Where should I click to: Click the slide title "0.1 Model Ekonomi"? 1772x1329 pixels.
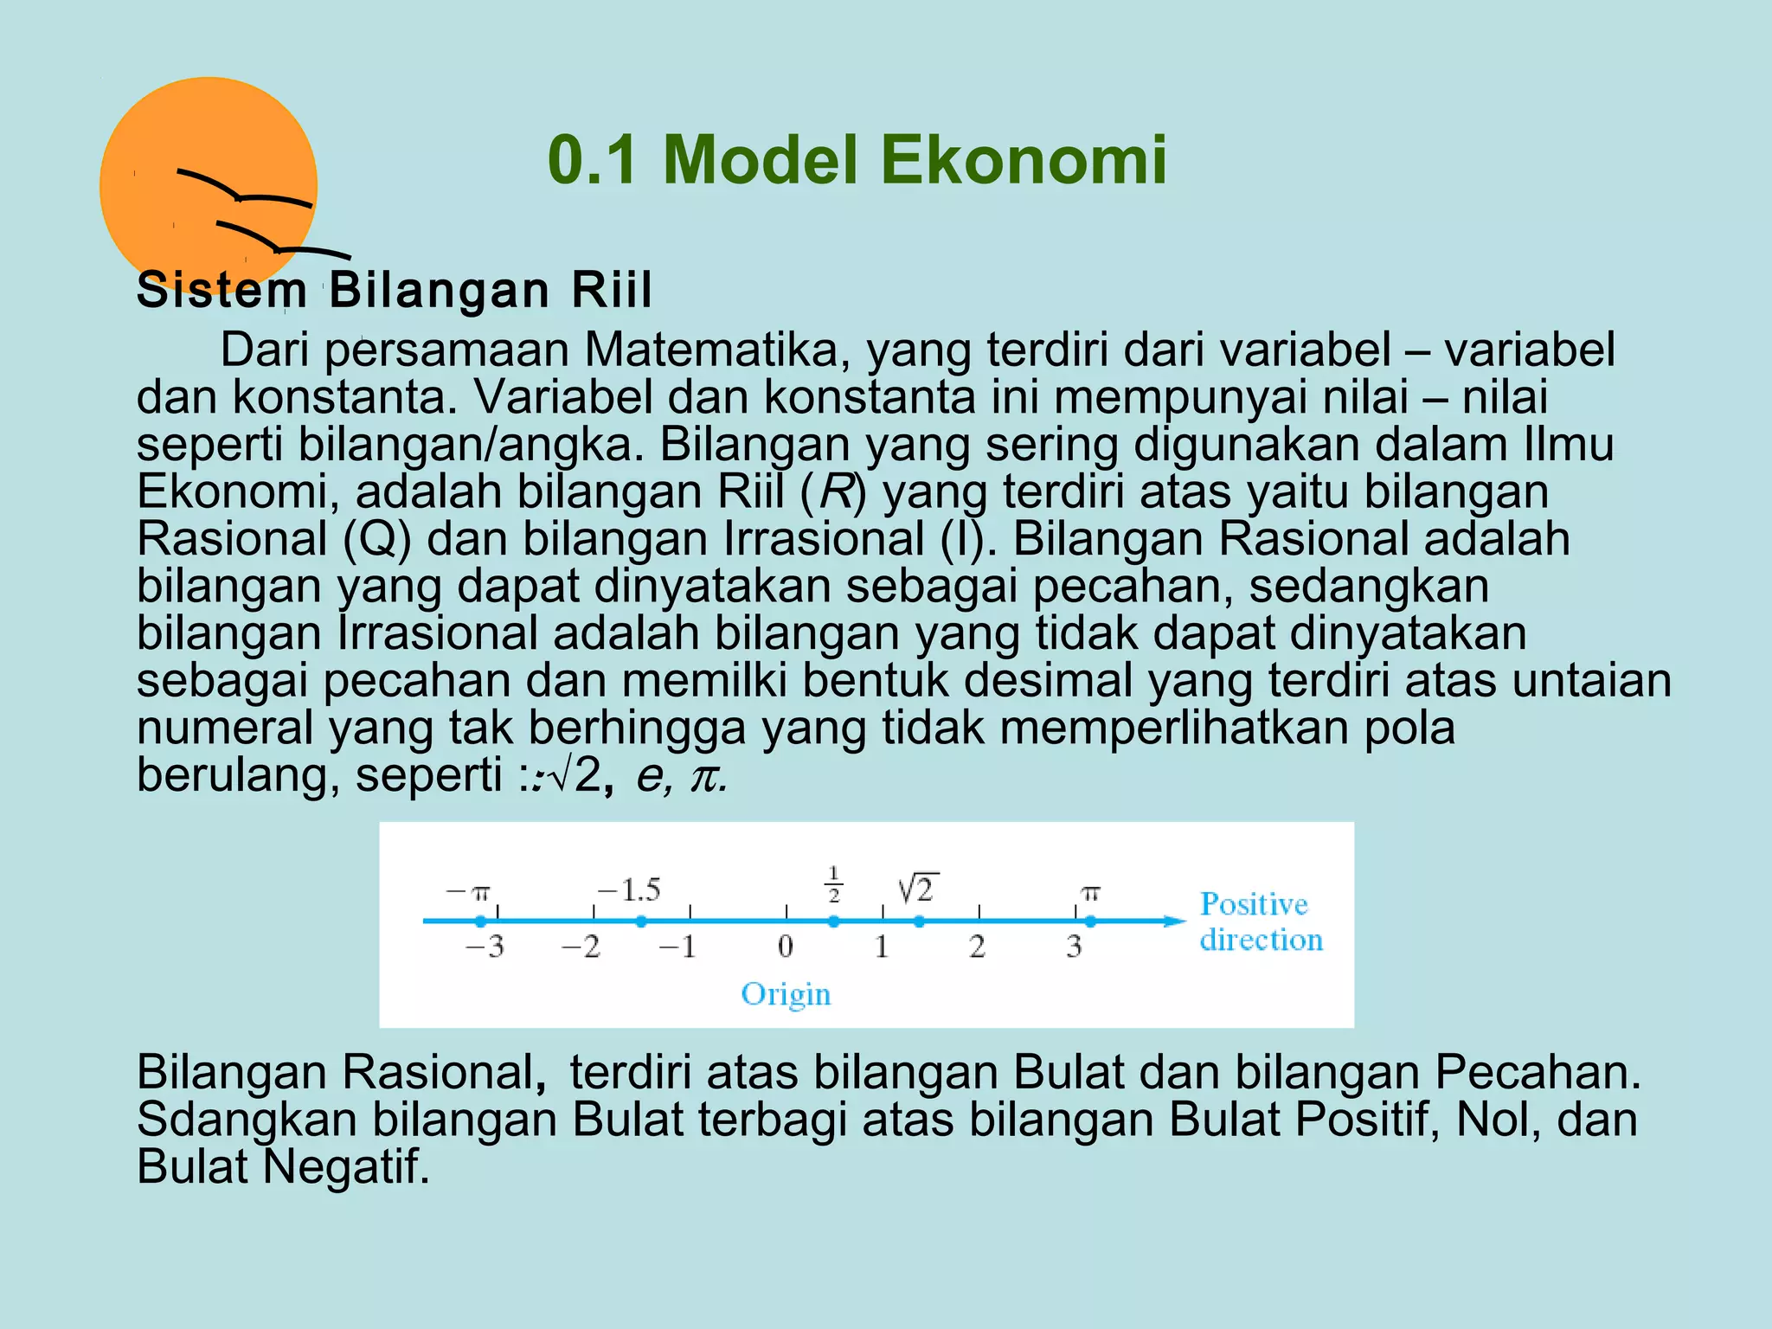coord(857,161)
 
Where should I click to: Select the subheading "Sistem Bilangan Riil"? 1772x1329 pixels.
coord(395,290)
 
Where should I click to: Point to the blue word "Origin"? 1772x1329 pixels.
coord(786,994)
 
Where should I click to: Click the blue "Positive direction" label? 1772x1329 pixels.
coord(1261,922)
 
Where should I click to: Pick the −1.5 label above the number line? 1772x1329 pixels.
coord(629,890)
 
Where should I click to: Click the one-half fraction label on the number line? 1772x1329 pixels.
coord(834,884)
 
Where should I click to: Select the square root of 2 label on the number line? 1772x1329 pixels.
coord(918,888)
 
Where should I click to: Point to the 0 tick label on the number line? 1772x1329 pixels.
coord(786,947)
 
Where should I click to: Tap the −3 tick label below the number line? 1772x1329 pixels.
coord(485,947)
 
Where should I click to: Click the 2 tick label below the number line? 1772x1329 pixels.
coord(978,947)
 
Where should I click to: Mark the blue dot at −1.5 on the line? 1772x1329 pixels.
coord(641,921)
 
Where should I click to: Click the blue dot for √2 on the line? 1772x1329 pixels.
coord(919,921)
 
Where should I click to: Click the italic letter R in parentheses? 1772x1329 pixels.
coord(836,492)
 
